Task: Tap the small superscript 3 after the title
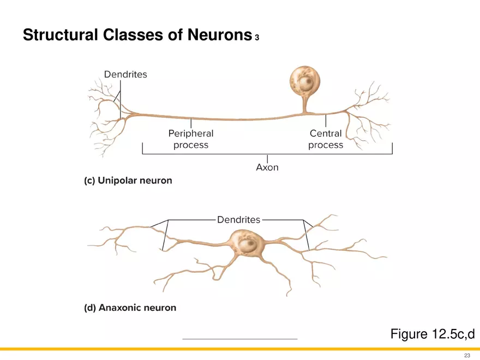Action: (256, 38)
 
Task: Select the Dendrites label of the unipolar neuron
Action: (125, 74)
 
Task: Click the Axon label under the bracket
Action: (267, 167)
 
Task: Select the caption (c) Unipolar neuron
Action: (128, 181)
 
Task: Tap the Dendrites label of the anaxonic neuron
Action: (238, 220)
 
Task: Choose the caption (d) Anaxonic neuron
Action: (130, 308)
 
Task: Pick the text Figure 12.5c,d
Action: (429, 334)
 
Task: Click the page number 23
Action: (467, 355)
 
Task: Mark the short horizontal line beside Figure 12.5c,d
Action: (240, 339)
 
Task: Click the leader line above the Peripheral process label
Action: (190, 123)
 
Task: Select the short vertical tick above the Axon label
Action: (267, 158)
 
